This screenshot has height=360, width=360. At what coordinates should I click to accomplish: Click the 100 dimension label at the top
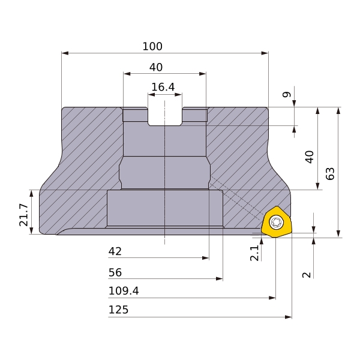[152, 46]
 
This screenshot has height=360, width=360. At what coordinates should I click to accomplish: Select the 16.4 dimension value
[163, 87]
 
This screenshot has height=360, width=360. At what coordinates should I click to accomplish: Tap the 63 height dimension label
[330, 174]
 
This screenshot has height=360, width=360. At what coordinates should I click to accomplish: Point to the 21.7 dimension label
[23, 215]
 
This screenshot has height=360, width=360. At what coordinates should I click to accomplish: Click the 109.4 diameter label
[124, 291]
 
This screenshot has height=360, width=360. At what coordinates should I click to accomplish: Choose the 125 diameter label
[118, 310]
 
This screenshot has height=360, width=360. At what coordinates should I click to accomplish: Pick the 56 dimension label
[115, 272]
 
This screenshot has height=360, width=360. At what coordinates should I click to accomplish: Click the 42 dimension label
[115, 251]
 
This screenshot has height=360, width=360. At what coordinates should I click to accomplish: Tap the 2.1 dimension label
[254, 253]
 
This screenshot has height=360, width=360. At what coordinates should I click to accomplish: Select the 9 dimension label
[287, 94]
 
